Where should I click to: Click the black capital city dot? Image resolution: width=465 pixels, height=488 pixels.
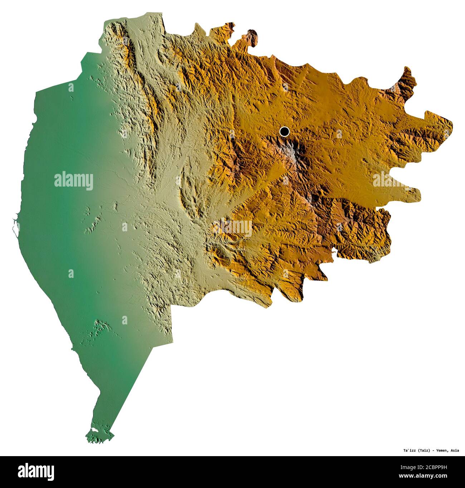pos(284,132)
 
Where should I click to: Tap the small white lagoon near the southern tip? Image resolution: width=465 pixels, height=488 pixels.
pos(94,429)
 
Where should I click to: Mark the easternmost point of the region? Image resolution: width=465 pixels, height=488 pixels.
pos(452,125)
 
